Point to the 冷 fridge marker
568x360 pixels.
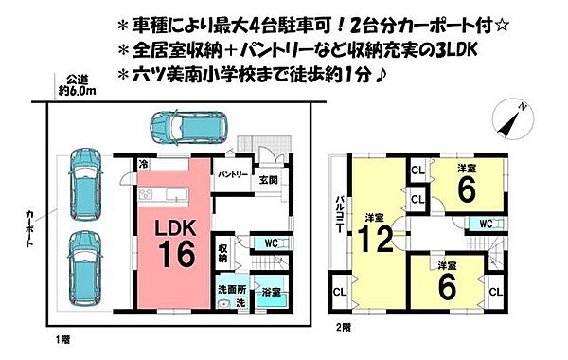(x=142, y=164)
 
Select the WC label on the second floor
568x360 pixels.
(x=486, y=224)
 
